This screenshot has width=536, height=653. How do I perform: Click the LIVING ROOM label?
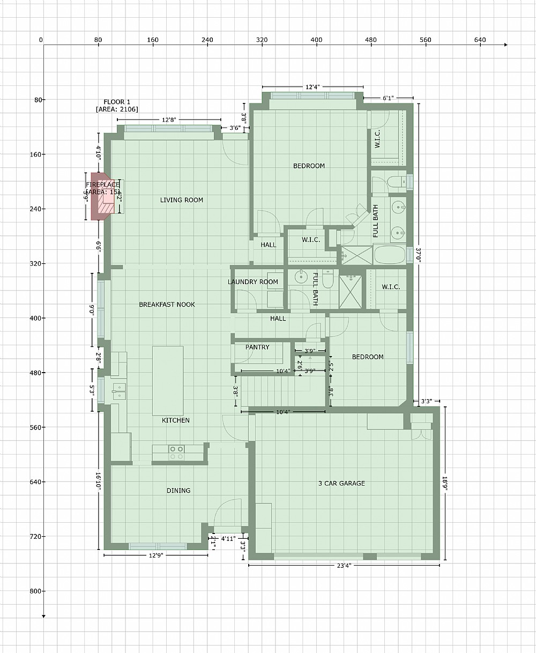coord(182,200)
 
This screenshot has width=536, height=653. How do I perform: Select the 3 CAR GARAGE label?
coord(341,483)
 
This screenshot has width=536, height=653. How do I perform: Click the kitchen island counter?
coord(168,380)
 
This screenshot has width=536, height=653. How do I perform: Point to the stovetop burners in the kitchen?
coord(176,452)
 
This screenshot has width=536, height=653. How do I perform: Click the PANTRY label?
coord(257,347)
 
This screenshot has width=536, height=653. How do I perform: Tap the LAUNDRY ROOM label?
coord(253,281)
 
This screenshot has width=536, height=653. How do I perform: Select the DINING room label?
coord(178,490)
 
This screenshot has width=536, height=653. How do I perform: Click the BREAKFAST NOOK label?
coord(167,304)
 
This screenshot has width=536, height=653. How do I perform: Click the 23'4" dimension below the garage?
coord(345,565)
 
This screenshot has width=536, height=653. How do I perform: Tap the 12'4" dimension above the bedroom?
coord(313,87)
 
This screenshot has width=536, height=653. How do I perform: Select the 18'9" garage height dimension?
coord(445,483)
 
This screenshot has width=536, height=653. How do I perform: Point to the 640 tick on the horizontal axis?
coord(480,40)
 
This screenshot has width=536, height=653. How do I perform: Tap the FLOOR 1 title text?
coord(117,102)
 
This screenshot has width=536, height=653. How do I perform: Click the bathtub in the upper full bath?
coord(390,254)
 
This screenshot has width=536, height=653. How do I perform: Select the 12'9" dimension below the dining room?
coord(155,555)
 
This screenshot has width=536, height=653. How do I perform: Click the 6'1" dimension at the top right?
coord(389,98)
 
